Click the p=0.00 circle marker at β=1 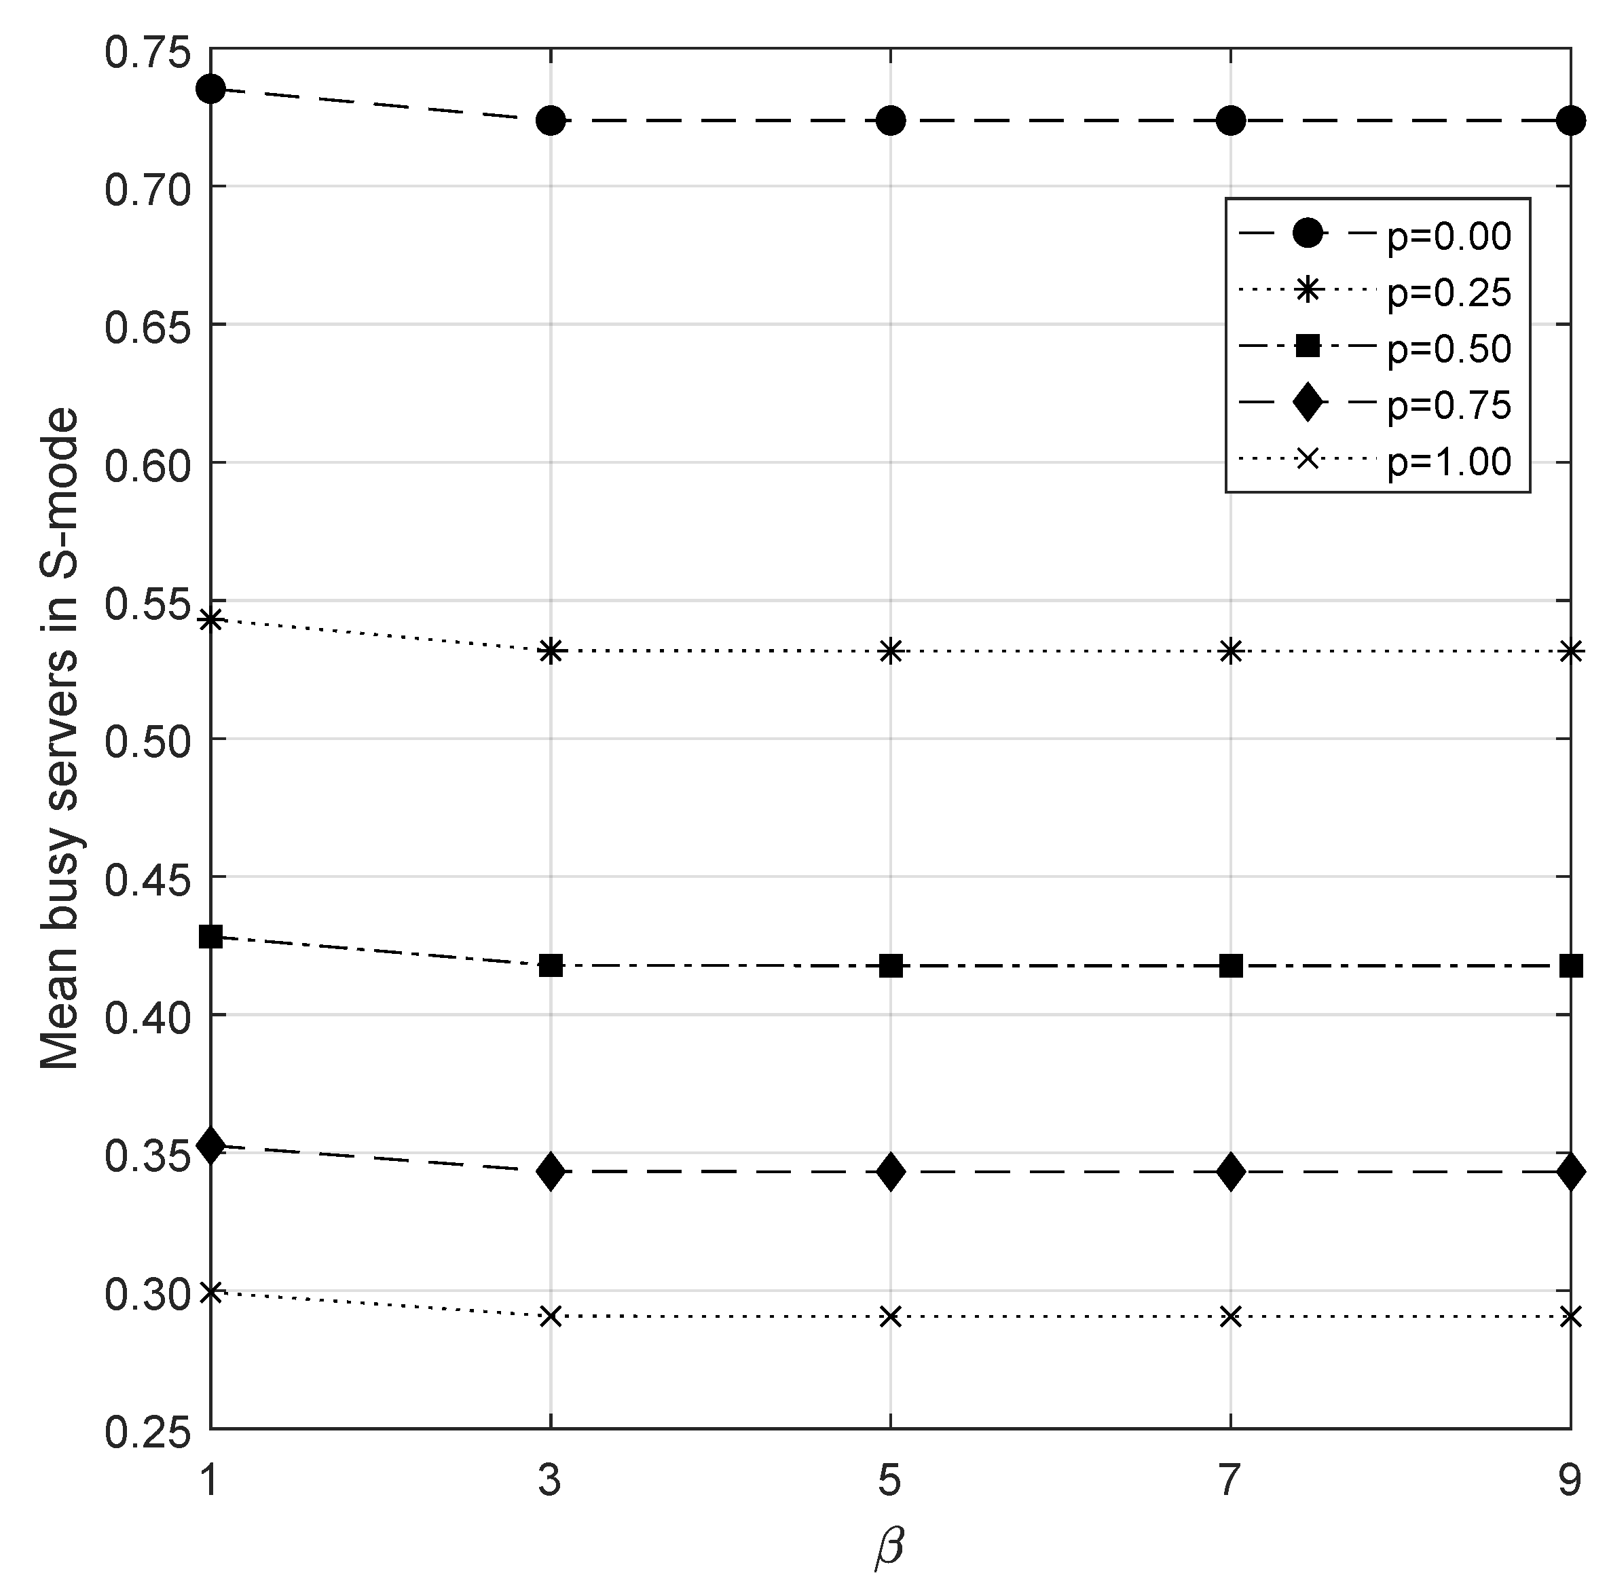tap(210, 88)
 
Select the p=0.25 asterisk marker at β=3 tap(551, 651)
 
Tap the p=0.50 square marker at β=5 tap(891, 966)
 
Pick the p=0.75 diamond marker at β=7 tap(1231, 1172)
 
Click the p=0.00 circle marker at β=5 tap(891, 121)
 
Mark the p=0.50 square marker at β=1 tap(210, 936)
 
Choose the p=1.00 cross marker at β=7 tap(1231, 1316)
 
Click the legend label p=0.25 tap(1449, 293)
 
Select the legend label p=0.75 tap(1449, 405)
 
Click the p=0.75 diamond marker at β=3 tap(551, 1172)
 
